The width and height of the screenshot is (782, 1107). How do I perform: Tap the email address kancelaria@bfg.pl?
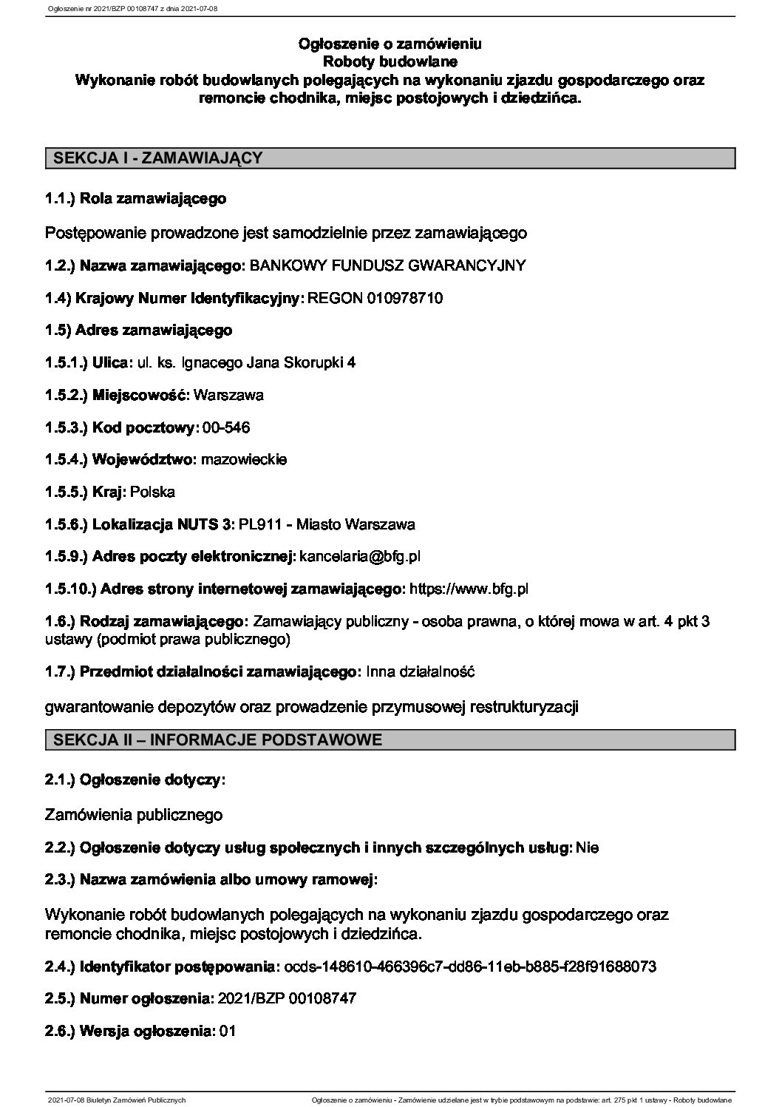click(360, 556)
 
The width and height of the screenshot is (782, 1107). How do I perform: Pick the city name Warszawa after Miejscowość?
click(228, 395)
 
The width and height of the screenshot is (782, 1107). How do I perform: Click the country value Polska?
click(152, 492)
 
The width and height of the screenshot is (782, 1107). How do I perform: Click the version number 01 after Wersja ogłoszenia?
click(228, 1031)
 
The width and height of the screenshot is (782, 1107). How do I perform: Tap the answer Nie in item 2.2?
click(588, 848)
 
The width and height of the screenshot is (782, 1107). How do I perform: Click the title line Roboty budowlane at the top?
click(390, 61)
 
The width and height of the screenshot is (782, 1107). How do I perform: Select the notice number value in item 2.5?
click(284, 998)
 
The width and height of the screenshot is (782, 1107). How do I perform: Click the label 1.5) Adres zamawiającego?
click(138, 330)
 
